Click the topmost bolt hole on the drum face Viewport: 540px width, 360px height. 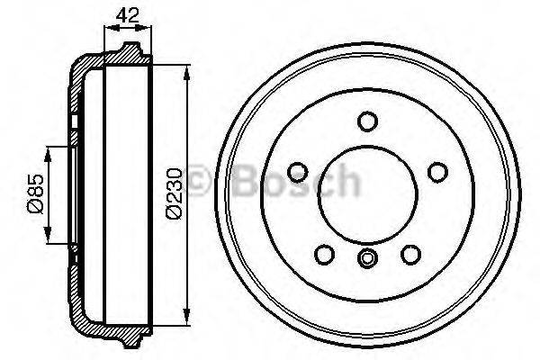tap(366, 121)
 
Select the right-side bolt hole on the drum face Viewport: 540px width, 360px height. tap(437, 171)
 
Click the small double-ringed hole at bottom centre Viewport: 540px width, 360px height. tap(366, 258)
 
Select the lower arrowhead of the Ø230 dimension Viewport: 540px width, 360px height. tap(186, 316)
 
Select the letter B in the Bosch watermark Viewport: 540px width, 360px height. tap(245, 180)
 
